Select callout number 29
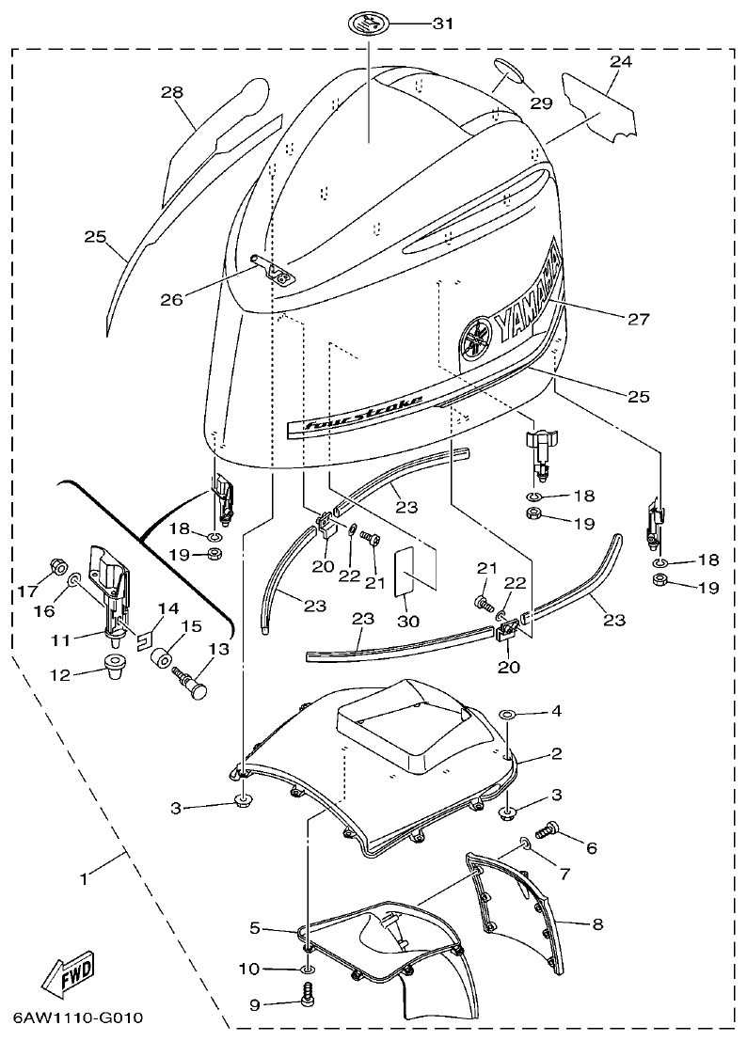point(540,103)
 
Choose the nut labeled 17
point(55,567)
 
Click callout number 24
point(619,62)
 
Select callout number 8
point(596,924)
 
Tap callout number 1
point(84,878)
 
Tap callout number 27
point(639,319)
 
